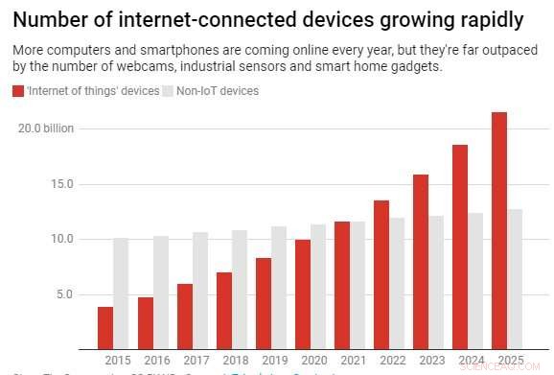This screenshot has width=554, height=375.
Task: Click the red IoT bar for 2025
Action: [x=499, y=230]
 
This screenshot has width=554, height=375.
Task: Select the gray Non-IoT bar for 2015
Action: [x=121, y=293]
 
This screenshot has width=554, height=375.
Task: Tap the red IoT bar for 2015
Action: [x=105, y=328]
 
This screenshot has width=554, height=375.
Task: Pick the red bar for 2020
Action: [x=302, y=294]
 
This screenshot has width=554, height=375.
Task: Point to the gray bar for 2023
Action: [x=435, y=283]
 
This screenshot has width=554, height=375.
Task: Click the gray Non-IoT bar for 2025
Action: [x=515, y=279]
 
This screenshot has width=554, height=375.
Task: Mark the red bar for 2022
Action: [x=381, y=274]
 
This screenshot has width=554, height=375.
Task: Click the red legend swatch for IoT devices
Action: [x=18, y=91]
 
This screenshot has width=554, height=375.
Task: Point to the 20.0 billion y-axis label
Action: [x=46, y=128]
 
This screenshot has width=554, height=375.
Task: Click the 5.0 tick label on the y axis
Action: [x=63, y=294]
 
